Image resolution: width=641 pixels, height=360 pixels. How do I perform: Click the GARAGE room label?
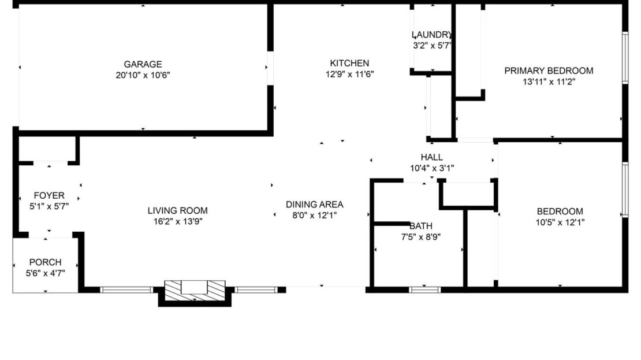click(x=143, y=64)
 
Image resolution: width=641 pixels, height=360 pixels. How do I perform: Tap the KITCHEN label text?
click(x=349, y=63)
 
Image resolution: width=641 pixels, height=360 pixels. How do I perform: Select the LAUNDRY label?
click(x=431, y=35)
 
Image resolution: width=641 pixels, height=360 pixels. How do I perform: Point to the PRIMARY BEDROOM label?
click(x=549, y=70)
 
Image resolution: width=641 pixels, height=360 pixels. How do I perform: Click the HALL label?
click(x=431, y=157)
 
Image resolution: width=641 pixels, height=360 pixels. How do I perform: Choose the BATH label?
click(x=420, y=225)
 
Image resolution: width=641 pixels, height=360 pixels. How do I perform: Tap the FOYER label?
click(x=49, y=195)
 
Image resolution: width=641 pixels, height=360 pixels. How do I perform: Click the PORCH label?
click(x=45, y=262)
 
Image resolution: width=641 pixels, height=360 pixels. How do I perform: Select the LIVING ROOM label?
click(x=177, y=210)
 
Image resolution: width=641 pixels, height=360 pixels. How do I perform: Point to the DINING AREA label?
click(x=314, y=204)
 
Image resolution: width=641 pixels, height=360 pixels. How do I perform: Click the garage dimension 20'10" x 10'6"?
click(x=143, y=75)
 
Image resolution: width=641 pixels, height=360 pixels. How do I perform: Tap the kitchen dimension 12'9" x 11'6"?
click(x=349, y=74)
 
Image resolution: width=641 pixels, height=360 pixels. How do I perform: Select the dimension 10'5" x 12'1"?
click(x=560, y=222)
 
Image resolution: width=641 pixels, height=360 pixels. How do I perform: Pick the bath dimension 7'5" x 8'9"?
click(x=420, y=236)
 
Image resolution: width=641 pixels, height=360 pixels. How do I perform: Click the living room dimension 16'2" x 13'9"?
click(x=177, y=221)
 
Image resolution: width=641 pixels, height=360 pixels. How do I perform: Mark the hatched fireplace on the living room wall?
click(x=195, y=290)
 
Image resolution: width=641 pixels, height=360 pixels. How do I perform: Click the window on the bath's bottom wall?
click(x=425, y=290)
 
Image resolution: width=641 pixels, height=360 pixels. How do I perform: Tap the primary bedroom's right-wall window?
click(x=624, y=58)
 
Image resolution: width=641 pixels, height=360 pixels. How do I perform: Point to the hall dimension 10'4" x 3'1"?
click(x=431, y=168)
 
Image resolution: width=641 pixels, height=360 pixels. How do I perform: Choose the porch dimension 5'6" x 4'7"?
click(x=45, y=273)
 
